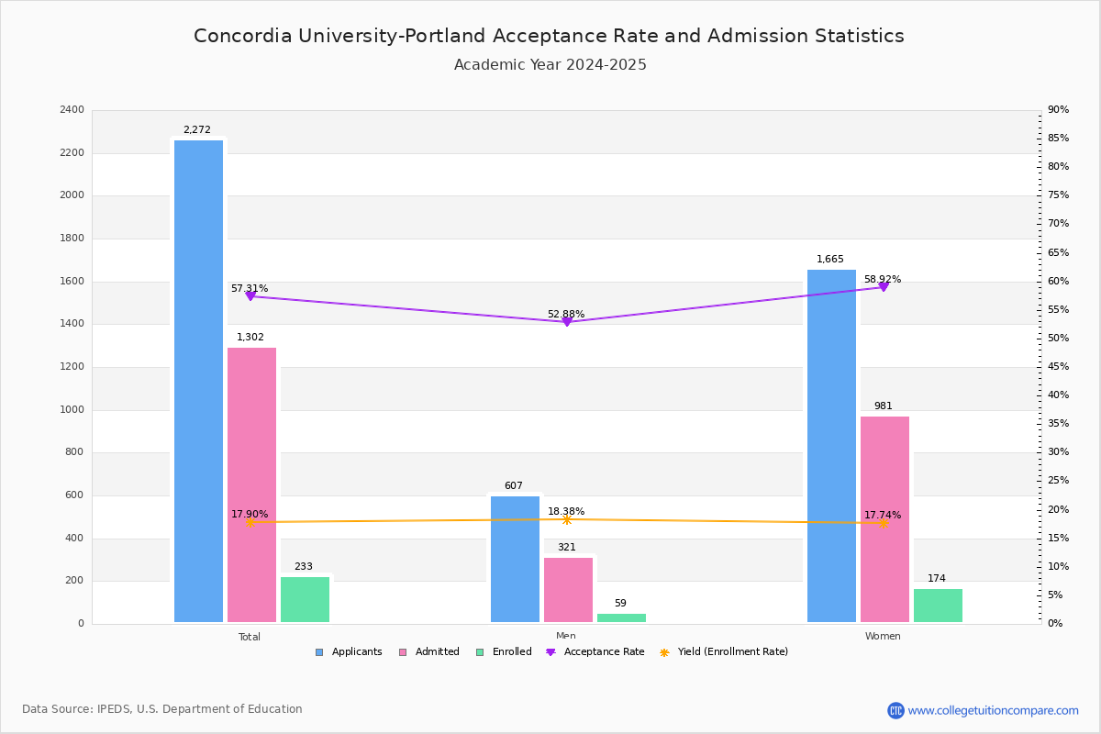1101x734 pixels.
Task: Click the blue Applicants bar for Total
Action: [x=198, y=381]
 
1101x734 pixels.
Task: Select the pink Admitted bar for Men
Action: [x=568, y=590]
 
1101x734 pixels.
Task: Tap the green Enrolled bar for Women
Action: [x=938, y=606]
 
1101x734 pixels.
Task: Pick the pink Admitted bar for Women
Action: [x=884, y=519]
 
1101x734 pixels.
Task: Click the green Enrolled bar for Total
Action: [x=305, y=599]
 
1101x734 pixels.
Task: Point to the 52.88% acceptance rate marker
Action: [x=567, y=322]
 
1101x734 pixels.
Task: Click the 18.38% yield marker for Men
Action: [x=567, y=520]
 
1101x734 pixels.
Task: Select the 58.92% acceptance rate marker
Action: [x=884, y=287]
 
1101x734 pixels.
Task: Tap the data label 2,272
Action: [x=196, y=130]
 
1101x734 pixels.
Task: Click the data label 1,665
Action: [x=829, y=260]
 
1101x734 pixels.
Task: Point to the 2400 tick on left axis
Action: [x=72, y=110]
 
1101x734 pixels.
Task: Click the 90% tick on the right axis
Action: [x=1058, y=110]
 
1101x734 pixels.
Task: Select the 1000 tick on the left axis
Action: [x=72, y=410]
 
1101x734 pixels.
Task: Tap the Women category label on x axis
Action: [x=883, y=637]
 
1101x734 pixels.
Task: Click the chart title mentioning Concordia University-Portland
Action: [x=549, y=36]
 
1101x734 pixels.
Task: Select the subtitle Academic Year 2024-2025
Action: [x=550, y=65]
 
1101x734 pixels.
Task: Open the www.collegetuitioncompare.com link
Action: [x=993, y=710]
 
